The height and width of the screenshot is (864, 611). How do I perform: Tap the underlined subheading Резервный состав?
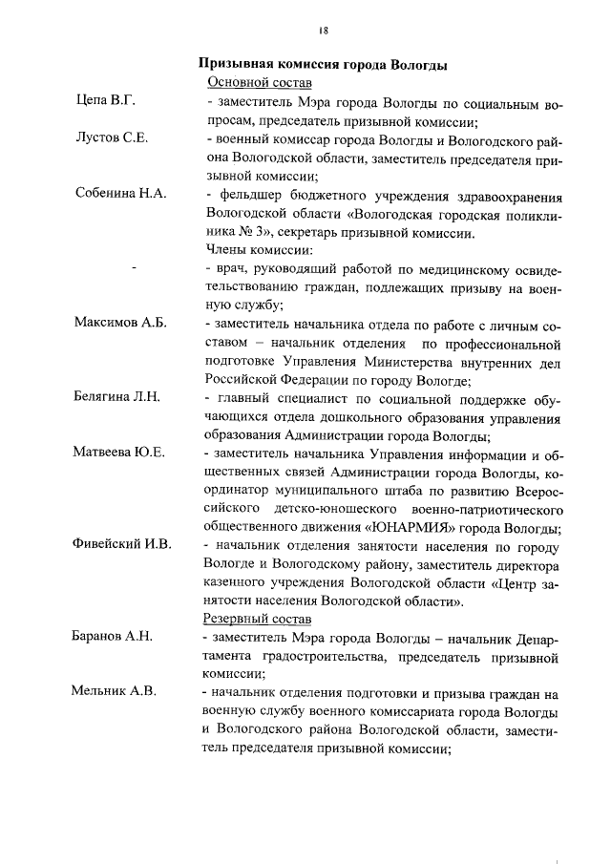(x=252, y=619)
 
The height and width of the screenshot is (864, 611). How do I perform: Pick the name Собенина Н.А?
(x=121, y=193)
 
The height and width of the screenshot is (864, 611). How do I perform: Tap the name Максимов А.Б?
(x=121, y=323)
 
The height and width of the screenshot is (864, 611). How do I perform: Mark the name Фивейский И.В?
(x=123, y=545)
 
